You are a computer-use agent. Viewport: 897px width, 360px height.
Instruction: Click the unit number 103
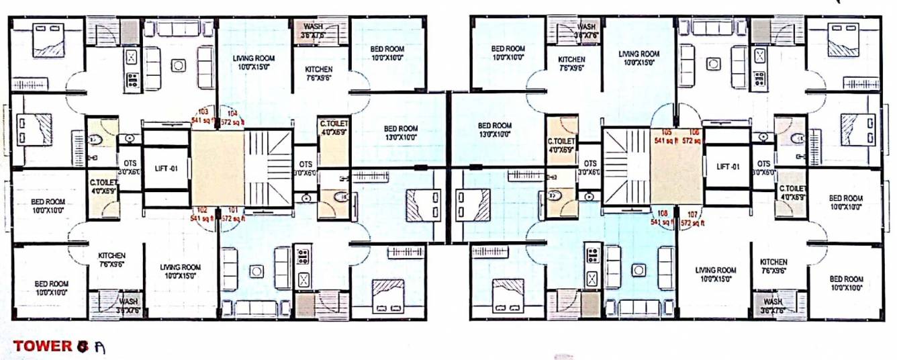tap(203, 111)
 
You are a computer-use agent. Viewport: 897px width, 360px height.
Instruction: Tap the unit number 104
tap(232, 111)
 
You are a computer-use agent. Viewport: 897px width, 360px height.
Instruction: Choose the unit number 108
tap(662, 212)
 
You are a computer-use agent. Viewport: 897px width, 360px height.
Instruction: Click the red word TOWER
tap(42, 347)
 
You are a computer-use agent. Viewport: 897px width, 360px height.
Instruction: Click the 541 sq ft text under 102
tap(201, 218)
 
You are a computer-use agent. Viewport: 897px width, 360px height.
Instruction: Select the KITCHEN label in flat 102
tap(111, 256)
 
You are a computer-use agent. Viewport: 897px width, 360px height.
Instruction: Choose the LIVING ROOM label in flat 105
tap(639, 54)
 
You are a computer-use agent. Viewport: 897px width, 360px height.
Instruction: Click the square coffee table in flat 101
tap(256, 271)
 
